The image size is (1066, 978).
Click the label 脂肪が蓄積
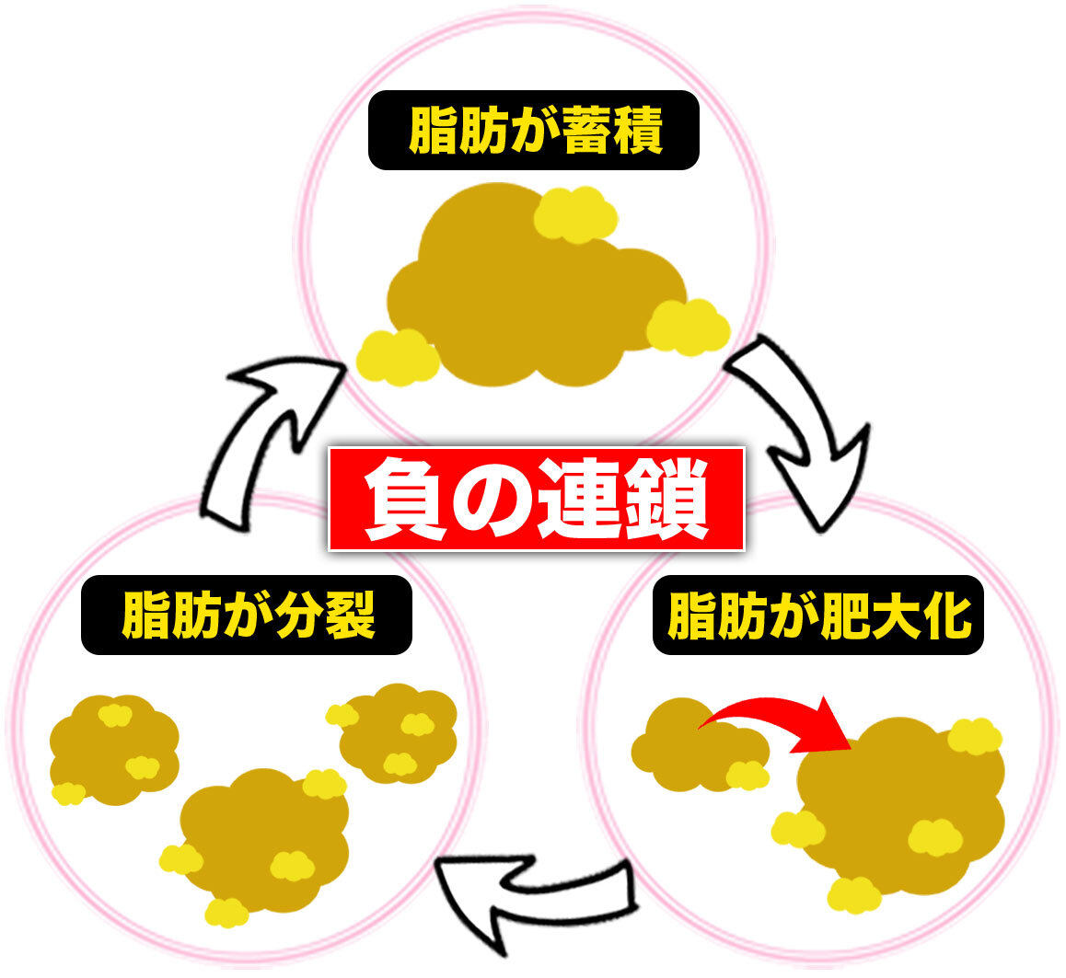533,130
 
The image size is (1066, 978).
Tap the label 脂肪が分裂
247,615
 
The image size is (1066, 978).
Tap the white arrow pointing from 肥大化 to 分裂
534,897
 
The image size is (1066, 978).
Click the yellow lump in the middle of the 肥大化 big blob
934,835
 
